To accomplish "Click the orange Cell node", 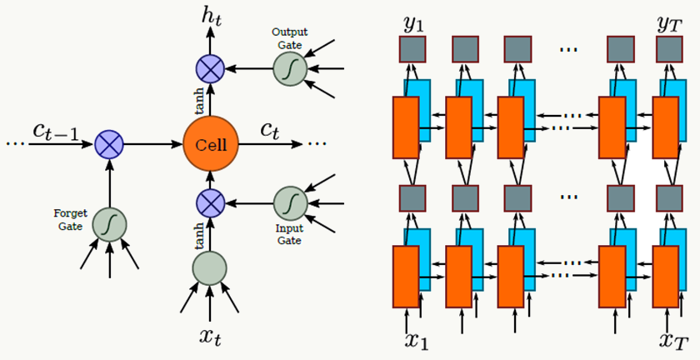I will [x=210, y=143].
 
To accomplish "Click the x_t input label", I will [x=210, y=338].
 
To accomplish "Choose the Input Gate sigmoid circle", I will [x=290, y=202].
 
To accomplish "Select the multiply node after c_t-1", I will [x=110, y=144].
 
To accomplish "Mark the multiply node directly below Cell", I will [x=209, y=202].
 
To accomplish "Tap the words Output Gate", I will [x=289, y=37].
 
